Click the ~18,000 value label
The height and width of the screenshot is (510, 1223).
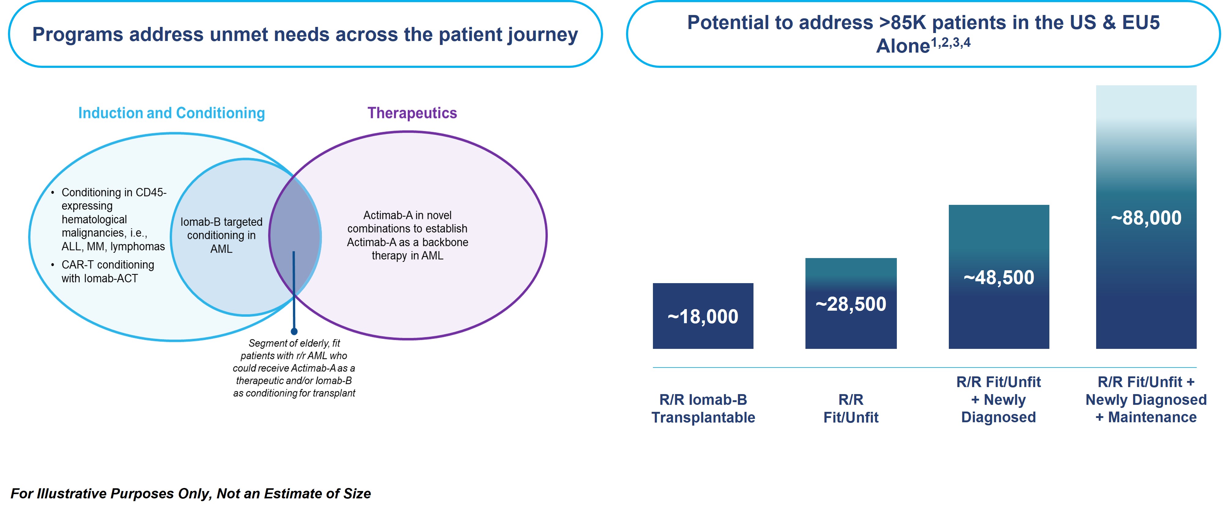pos(703,317)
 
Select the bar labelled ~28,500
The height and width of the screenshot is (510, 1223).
pos(851,303)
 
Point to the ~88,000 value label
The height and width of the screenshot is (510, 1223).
pos(1146,218)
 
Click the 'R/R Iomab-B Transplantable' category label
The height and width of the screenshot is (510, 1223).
pos(703,408)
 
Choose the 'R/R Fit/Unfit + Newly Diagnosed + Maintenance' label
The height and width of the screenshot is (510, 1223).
pos(1146,399)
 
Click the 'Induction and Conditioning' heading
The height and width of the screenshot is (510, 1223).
pos(171,113)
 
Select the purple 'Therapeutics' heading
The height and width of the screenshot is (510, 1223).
pos(412,113)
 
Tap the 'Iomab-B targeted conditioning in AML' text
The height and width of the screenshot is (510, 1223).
pos(221,235)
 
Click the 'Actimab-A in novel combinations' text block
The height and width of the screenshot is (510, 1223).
pos(407,235)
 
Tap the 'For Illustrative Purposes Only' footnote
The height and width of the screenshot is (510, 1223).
pos(191,494)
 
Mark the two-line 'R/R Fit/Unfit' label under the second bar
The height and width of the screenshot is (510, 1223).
pos(851,408)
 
